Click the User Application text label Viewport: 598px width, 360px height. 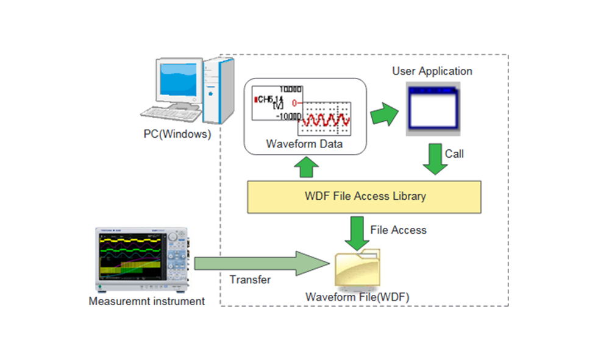432,71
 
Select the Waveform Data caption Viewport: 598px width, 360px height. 304,144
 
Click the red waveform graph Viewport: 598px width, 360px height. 324,118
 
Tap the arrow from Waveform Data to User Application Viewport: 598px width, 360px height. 384,114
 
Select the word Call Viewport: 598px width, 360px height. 454,154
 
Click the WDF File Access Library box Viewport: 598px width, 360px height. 365,196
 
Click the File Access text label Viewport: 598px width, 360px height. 398,230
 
